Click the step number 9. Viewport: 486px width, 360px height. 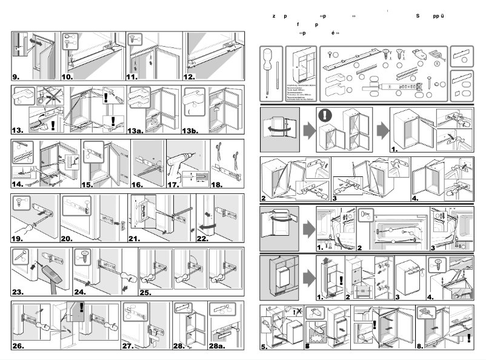[16, 77]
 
